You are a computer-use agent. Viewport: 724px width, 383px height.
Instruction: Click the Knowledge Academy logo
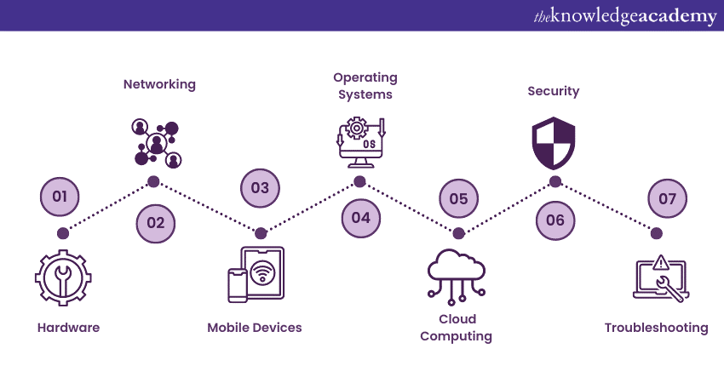625,16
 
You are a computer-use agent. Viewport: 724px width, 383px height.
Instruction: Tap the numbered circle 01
60,197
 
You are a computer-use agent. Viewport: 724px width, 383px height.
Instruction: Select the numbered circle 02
155,223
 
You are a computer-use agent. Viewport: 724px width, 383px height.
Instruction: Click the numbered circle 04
360,217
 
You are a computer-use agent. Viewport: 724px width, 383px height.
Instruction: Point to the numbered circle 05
458,198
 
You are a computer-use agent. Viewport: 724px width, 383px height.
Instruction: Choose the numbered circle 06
555,220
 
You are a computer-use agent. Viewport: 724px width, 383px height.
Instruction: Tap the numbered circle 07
667,198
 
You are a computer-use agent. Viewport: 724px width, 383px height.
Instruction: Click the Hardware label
68,328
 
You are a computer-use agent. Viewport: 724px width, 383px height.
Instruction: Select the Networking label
159,84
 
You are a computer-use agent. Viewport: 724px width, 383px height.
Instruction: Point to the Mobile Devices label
255,328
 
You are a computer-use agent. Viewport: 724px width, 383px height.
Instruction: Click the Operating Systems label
365,86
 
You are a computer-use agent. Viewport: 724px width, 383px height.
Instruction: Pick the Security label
553,91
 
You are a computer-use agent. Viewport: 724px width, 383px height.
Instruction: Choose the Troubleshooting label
656,328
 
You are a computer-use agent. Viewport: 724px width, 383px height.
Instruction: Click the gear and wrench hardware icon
63,277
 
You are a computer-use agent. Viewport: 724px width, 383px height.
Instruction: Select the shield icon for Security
553,143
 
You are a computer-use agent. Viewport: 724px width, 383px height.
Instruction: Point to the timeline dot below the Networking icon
153,181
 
